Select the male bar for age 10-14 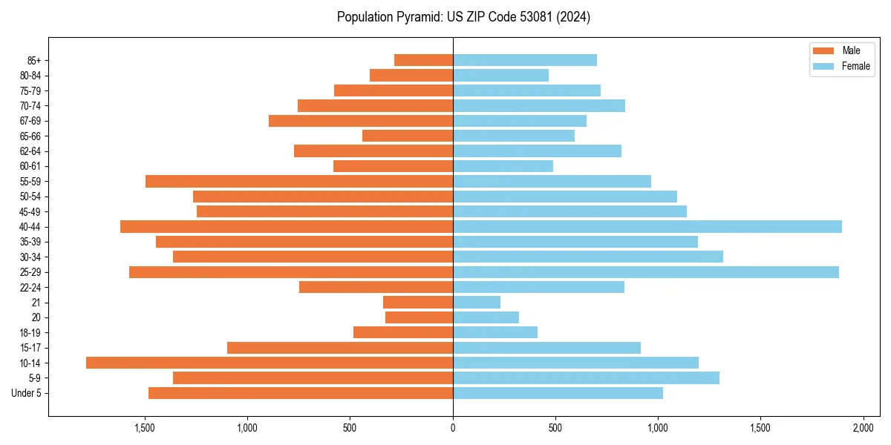270,363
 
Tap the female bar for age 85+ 525,60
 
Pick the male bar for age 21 418,302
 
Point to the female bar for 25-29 646,272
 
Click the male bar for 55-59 299,181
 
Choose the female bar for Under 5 558,393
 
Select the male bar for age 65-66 408,136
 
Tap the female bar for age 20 486,317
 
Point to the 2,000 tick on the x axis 863,429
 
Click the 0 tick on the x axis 453,429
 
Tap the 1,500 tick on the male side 145,429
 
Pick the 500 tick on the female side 555,429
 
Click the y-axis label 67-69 30,121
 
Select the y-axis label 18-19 30,332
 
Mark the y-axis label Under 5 27,393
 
